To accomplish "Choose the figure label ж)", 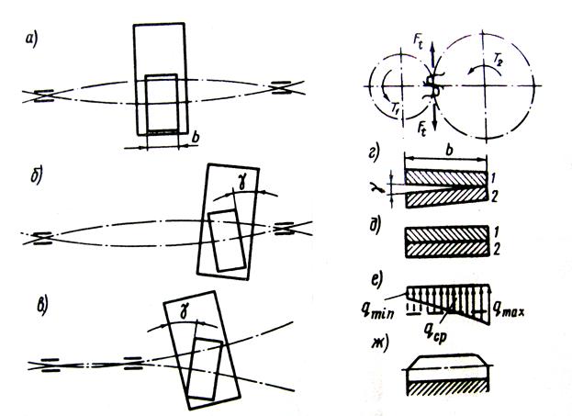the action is pyautogui.click(x=376, y=345).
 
